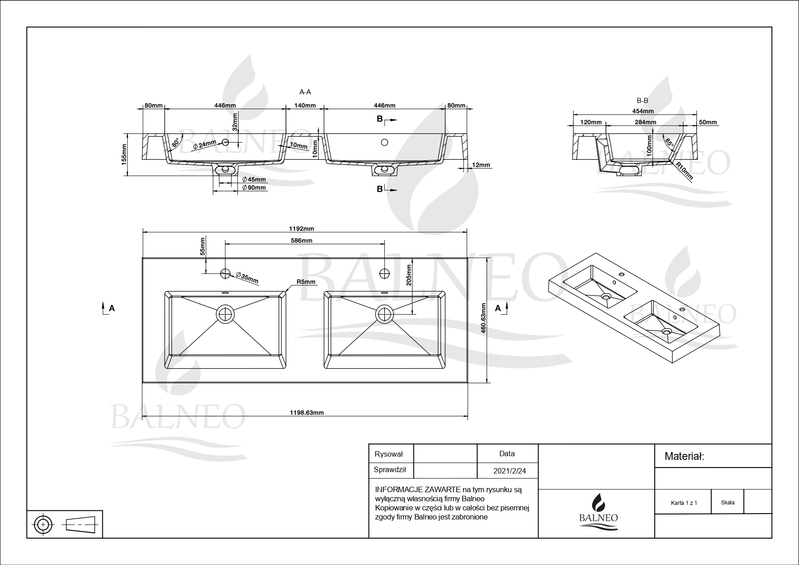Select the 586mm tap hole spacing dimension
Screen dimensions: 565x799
pos(301,240)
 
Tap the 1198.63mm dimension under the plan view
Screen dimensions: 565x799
pos(307,412)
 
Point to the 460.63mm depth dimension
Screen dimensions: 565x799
pos(483,319)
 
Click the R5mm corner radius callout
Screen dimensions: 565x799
pos(306,282)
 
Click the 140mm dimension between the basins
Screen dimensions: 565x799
pos(305,106)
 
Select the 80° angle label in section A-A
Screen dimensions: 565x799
pos(175,143)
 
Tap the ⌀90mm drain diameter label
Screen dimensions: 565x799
pos(254,187)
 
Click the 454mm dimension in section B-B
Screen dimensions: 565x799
pos(643,111)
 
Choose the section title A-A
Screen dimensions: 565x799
pos(305,92)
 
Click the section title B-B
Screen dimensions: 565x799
pos(642,101)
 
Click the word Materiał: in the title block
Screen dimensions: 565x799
pos(684,456)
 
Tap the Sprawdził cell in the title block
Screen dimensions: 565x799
pos(390,470)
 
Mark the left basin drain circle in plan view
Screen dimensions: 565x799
pos(225,314)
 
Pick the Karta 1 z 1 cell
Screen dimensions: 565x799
pos(684,503)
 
